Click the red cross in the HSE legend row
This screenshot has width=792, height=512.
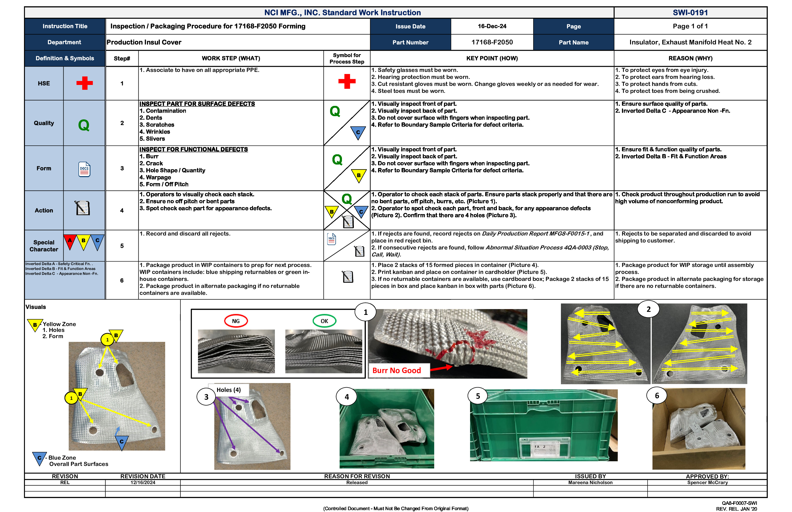pos(85,83)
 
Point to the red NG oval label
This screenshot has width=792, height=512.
pos(236,321)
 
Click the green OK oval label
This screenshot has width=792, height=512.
pos(324,321)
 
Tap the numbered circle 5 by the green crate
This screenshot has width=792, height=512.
pos(478,396)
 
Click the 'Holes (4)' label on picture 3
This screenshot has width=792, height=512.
pos(228,390)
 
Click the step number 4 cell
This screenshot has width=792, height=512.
pos(122,210)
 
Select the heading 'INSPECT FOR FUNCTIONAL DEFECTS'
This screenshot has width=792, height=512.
pos(193,149)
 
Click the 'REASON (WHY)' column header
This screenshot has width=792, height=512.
pos(690,58)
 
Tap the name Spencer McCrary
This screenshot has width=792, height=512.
pos(707,482)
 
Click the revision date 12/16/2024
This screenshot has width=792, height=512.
pos(143,482)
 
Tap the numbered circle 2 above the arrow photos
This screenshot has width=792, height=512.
pos(648,309)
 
